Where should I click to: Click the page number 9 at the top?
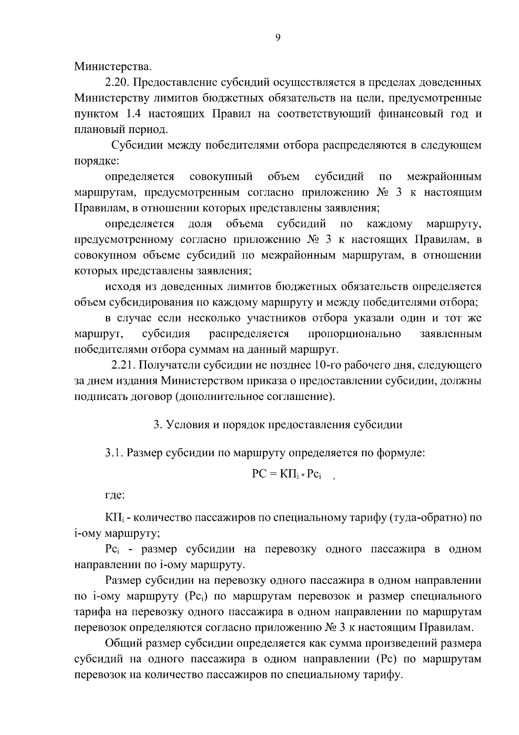click(278, 38)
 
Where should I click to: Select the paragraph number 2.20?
click(115, 82)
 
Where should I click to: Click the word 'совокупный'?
click(221, 177)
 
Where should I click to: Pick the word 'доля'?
click(200, 224)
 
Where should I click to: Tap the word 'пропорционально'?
click(354, 334)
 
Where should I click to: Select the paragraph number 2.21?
click(123, 365)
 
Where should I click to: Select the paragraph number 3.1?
click(114, 453)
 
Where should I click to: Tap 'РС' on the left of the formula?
click(258, 474)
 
